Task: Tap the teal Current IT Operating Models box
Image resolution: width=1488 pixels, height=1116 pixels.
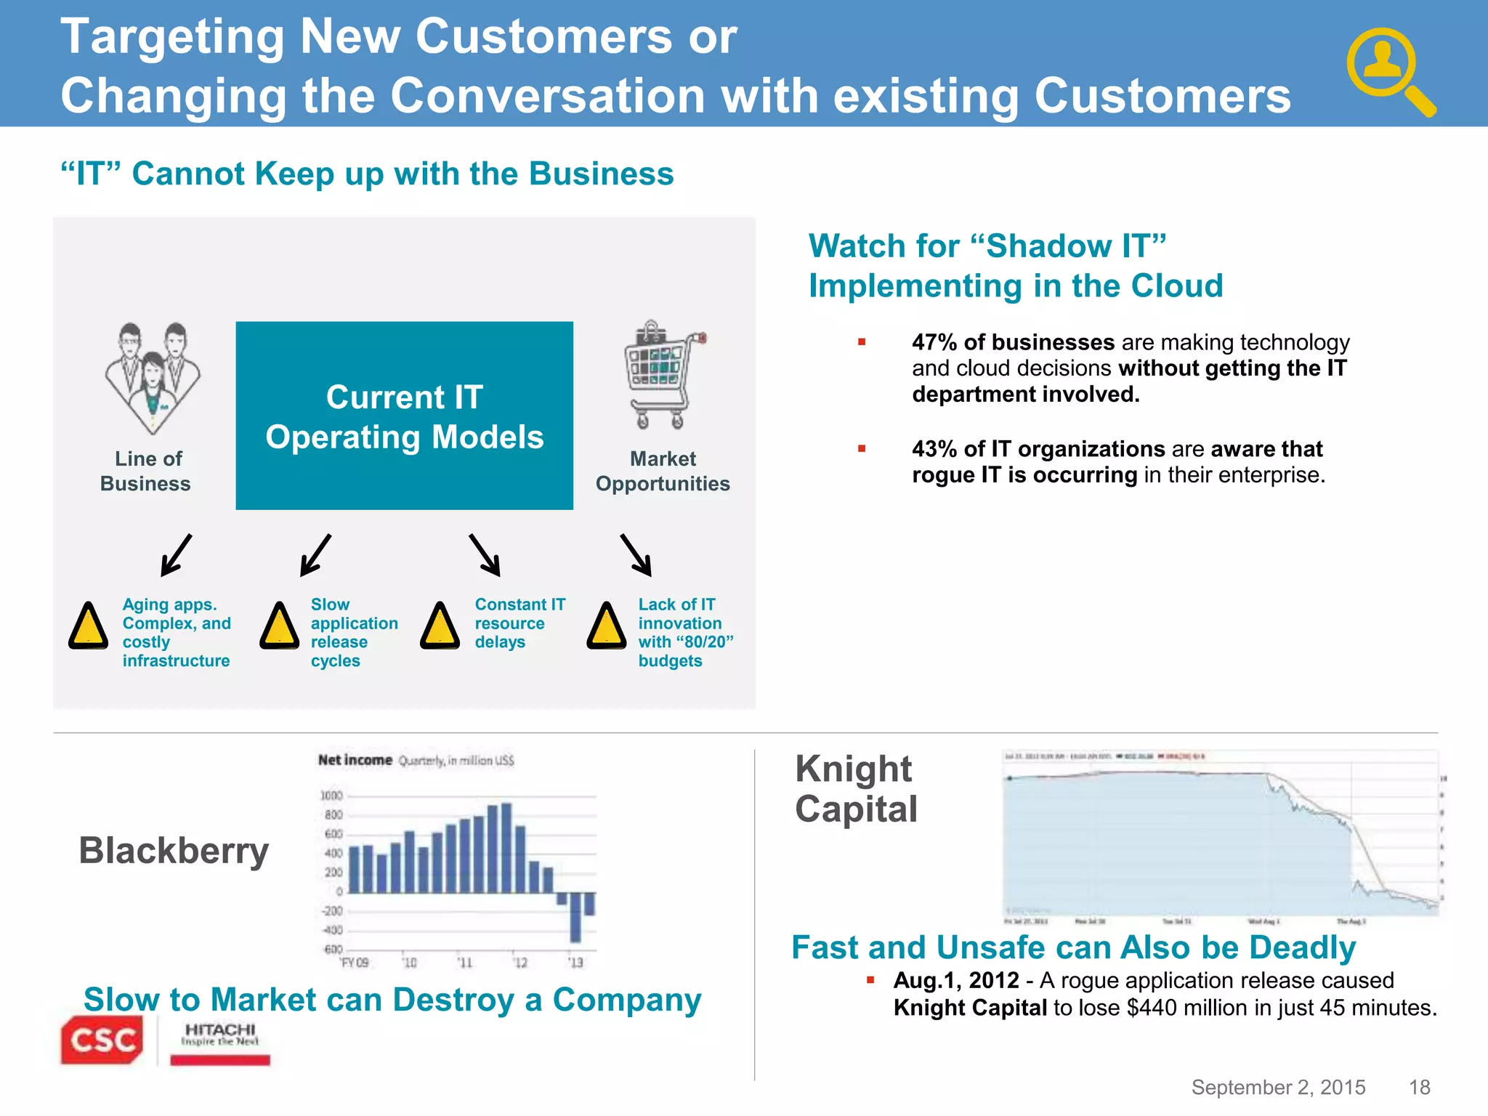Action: point(404,416)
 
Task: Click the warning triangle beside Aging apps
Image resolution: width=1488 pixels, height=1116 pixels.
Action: point(88,626)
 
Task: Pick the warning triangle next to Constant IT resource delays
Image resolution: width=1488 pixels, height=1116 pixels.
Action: point(440,626)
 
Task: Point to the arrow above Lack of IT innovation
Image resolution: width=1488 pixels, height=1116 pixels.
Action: point(636,555)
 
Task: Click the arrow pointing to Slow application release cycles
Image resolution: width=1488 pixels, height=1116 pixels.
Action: point(316,555)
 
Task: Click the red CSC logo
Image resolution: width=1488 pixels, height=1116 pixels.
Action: point(102,1040)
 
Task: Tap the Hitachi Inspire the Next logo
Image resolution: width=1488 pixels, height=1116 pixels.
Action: point(219,1043)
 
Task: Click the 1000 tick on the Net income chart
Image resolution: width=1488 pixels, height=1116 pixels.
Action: point(331,796)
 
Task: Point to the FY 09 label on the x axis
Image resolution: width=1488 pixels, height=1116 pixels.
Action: point(355,963)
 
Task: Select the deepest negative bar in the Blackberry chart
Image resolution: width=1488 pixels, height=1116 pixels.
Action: point(575,917)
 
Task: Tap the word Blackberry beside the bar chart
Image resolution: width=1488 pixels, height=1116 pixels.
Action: point(174,851)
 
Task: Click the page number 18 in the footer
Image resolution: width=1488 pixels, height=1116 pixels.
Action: point(1419,1087)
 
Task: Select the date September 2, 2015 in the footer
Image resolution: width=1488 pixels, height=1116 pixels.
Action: point(1278,1087)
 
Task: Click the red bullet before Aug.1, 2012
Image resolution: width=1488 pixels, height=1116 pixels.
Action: point(870,980)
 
